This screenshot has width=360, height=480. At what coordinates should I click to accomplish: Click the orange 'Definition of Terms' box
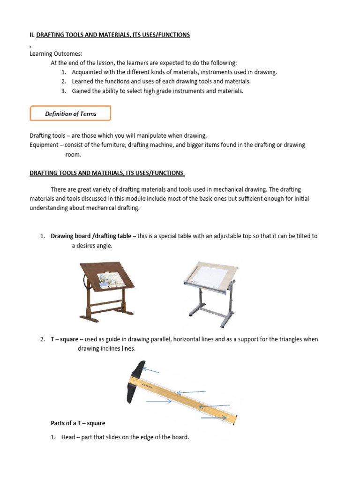[x=70, y=113]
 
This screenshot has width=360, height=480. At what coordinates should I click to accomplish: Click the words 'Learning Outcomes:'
[x=56, y=54]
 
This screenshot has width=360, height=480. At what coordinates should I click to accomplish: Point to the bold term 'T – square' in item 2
[x=64, y=339]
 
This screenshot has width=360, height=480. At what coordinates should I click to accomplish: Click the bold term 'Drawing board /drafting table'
[x=91, y=236]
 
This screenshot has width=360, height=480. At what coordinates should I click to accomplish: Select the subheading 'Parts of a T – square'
[x=78, y=423]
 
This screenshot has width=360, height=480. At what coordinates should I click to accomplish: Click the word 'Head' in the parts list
[x=68, y=437]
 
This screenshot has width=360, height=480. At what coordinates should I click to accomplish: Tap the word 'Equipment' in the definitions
[x=44, y=145]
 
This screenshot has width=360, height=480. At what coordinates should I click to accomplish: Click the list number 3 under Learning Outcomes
[x=63, y=91]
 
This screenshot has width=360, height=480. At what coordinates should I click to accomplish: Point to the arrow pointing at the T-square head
[x=151, y=371]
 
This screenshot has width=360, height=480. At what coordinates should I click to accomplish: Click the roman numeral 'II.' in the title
[x=32, y=35]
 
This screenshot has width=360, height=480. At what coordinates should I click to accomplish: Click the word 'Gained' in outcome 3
[x=81, y=91]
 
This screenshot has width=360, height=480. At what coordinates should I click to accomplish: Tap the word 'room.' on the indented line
[x=73, y=154]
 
